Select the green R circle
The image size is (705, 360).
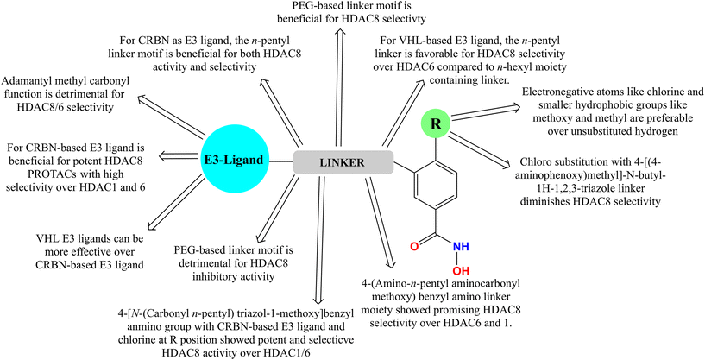436,124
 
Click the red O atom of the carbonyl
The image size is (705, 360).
414,246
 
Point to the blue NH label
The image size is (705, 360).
461,246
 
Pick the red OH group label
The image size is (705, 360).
461,271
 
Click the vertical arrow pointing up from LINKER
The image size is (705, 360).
343,86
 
